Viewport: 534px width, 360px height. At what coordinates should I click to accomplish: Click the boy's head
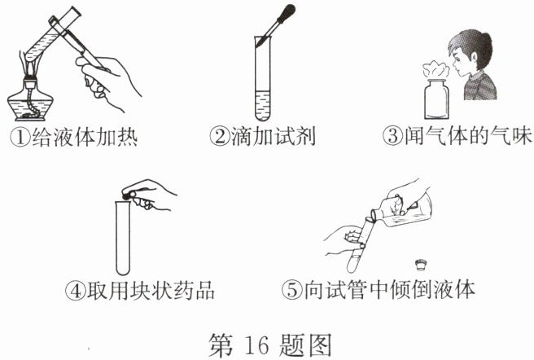[471, 52]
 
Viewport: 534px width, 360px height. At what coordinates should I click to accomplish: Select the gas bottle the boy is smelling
[436, 99]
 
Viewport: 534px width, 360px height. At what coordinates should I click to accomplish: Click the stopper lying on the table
[422, 265]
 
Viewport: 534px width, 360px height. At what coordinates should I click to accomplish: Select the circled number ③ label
[392, 135]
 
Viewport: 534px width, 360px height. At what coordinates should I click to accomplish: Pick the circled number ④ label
[75, 291]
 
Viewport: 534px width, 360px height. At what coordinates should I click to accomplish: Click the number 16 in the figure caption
[256, 345]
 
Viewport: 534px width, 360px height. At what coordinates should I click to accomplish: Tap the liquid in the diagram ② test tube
[263, 105]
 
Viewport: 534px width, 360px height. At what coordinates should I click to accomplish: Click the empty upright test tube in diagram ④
[123, 238]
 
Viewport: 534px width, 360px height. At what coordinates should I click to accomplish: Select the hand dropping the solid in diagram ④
[149, 195]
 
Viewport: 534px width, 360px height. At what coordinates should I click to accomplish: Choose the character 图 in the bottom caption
[318, 345]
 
